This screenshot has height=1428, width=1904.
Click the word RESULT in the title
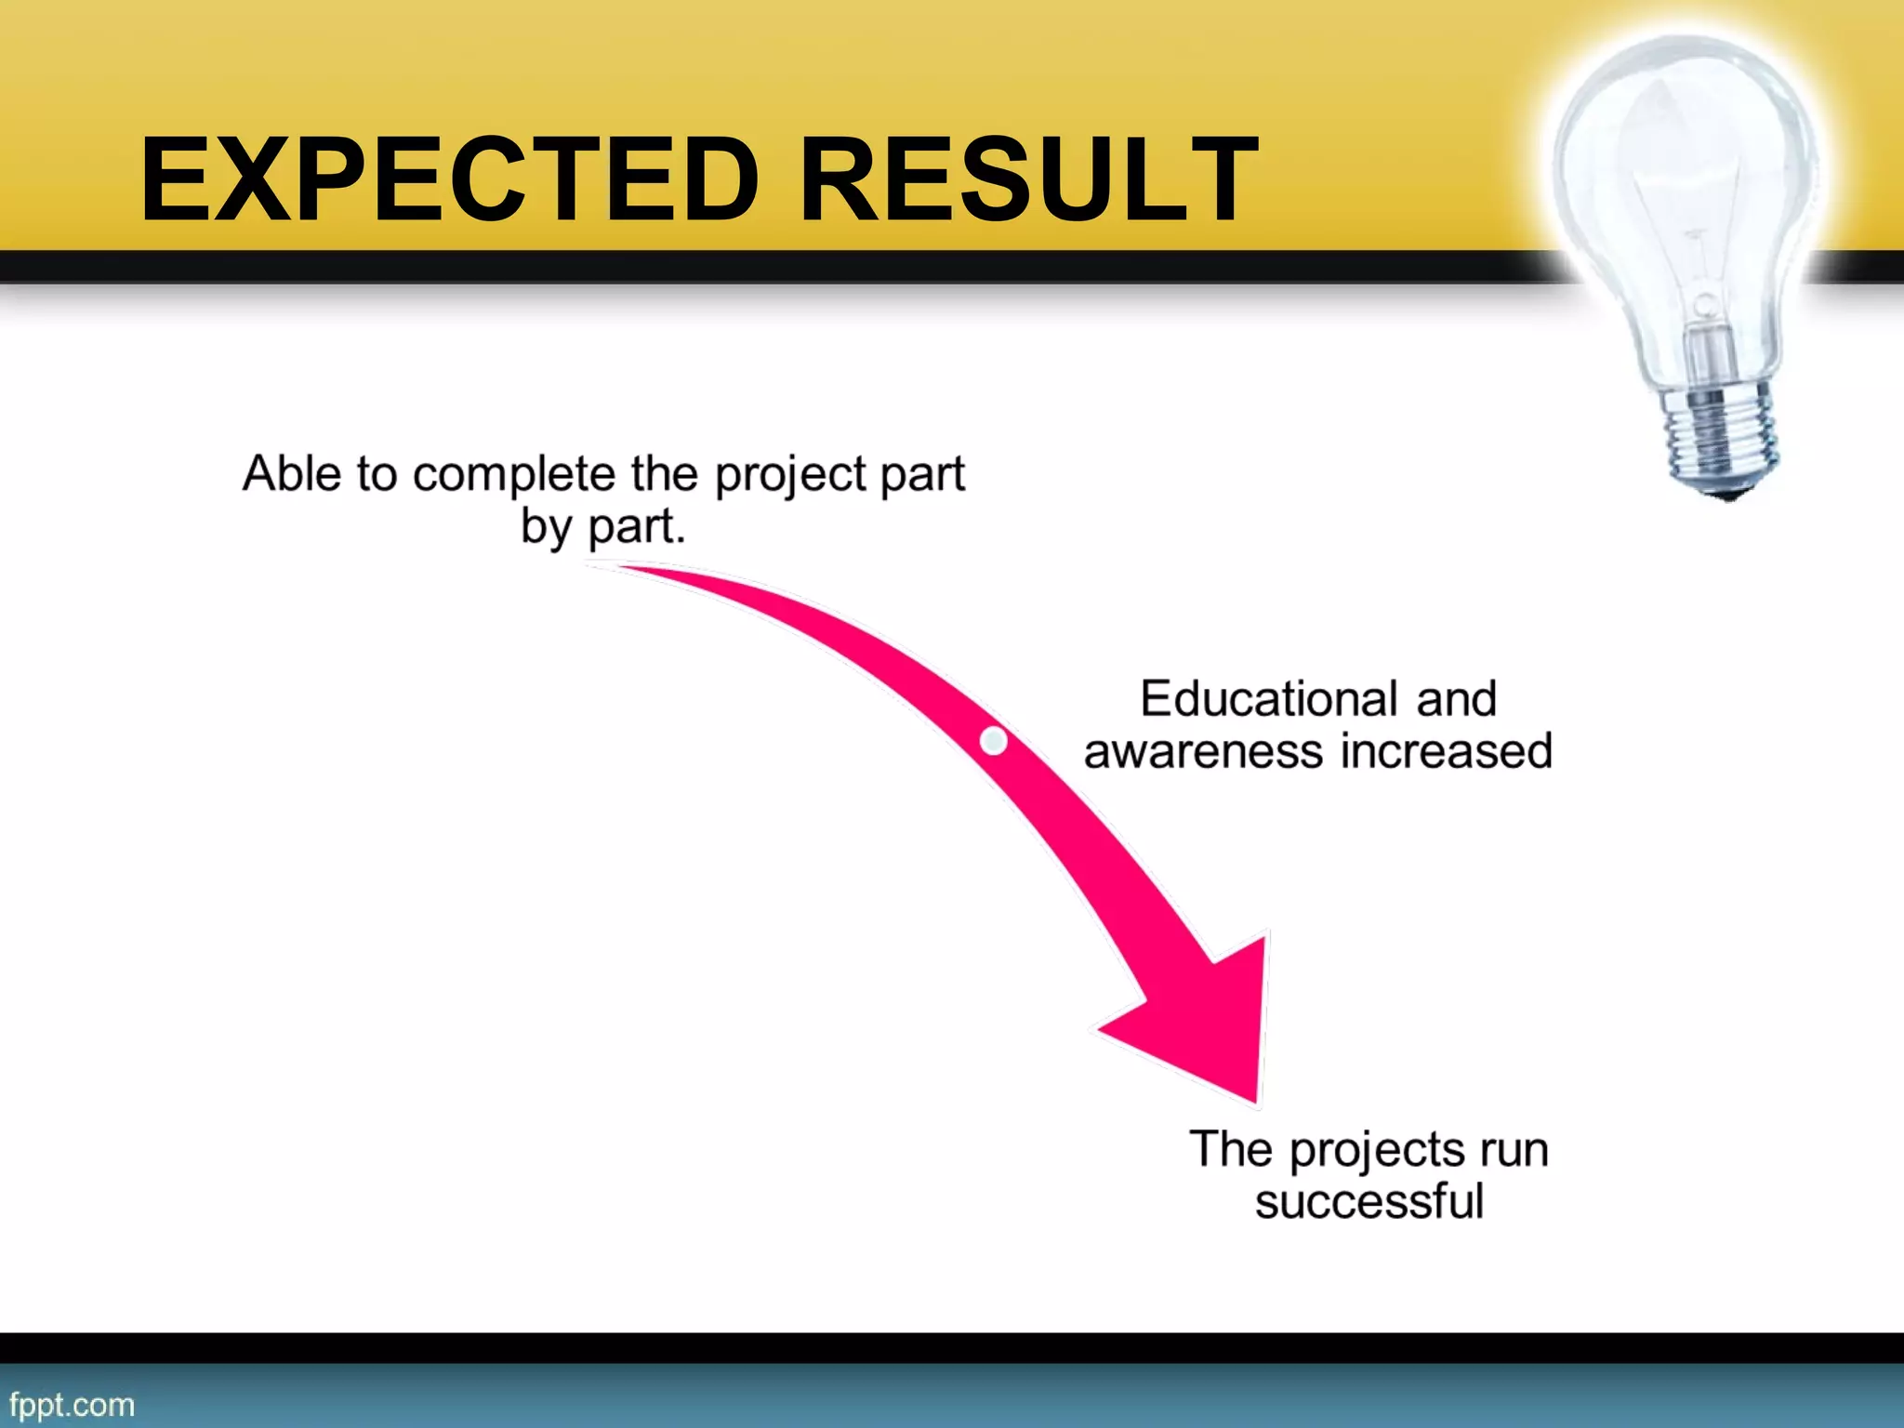[1027, 179]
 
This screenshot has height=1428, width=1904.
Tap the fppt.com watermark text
[72, 1404]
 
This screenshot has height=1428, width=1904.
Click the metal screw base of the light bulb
[1720, 437]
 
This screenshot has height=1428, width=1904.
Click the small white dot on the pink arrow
[993, 741]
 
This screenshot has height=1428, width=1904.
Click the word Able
[292, 473]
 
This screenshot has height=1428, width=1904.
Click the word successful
[1368, 1201]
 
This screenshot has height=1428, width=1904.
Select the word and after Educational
[1456, 698]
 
